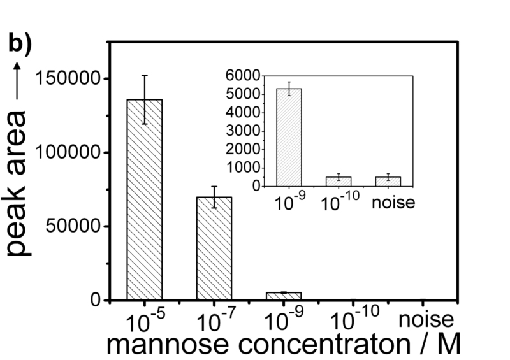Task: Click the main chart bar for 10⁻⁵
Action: coord(145,199)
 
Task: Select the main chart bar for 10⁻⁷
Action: coord(214,248)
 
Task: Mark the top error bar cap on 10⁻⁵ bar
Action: coord(145,75)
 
